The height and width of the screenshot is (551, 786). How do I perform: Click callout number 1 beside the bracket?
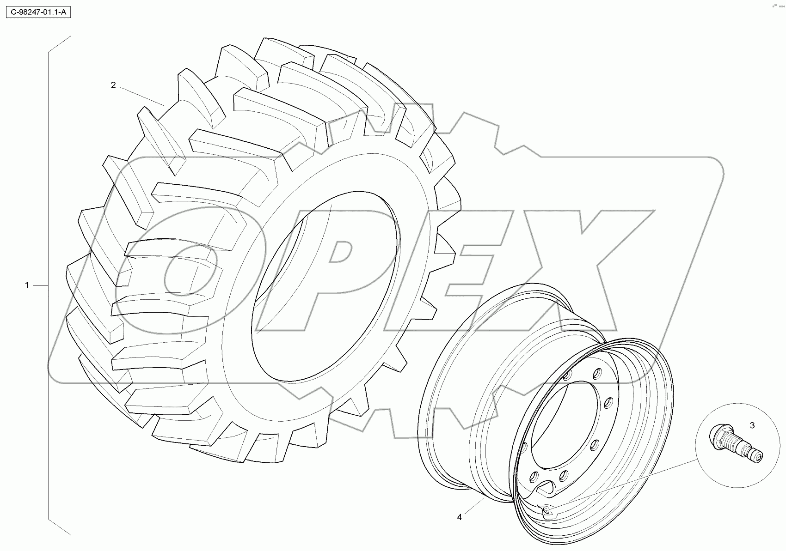click(27, 285)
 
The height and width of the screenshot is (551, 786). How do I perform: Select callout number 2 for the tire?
click(113, 85)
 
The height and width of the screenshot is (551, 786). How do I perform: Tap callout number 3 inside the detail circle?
click(752, 425)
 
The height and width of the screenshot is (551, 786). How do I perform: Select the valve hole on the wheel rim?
click(547, 510)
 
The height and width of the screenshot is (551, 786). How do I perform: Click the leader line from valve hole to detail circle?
click(624, 485)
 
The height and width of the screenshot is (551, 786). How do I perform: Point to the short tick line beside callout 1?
click(41, 286)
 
